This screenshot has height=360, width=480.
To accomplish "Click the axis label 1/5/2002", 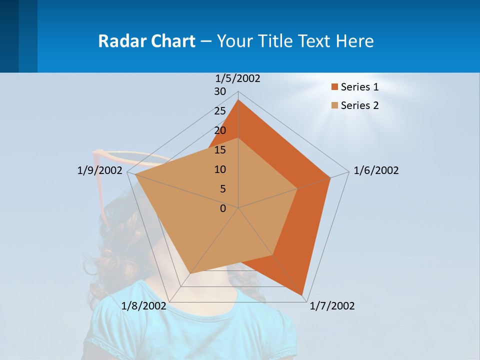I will [238, 78].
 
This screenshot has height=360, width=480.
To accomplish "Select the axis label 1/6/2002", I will [376, 170].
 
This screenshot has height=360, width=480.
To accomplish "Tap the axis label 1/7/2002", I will [332, 306].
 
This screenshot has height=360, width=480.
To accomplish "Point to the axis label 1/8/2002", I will [144, 306].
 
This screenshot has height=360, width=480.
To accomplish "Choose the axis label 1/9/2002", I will [99, 170].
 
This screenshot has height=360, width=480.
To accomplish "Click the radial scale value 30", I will [220, 91].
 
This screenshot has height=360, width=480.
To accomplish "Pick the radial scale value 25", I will [220, 111].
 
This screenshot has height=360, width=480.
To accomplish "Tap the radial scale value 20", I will [220, 130].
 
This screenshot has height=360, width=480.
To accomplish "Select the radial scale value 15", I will [220, 150].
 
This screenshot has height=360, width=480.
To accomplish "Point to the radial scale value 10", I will [220, 169].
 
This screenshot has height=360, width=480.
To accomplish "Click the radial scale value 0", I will [223, 208].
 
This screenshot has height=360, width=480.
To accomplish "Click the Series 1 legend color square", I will [335, 87].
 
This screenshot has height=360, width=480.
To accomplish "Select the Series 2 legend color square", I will [335, 105].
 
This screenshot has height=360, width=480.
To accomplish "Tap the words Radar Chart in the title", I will [146, 41].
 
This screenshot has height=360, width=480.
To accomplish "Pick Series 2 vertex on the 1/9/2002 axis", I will [135, 174].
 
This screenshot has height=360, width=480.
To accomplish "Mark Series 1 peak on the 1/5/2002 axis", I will [238, 100].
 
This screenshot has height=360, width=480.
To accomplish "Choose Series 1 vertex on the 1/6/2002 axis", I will [330, 177].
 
